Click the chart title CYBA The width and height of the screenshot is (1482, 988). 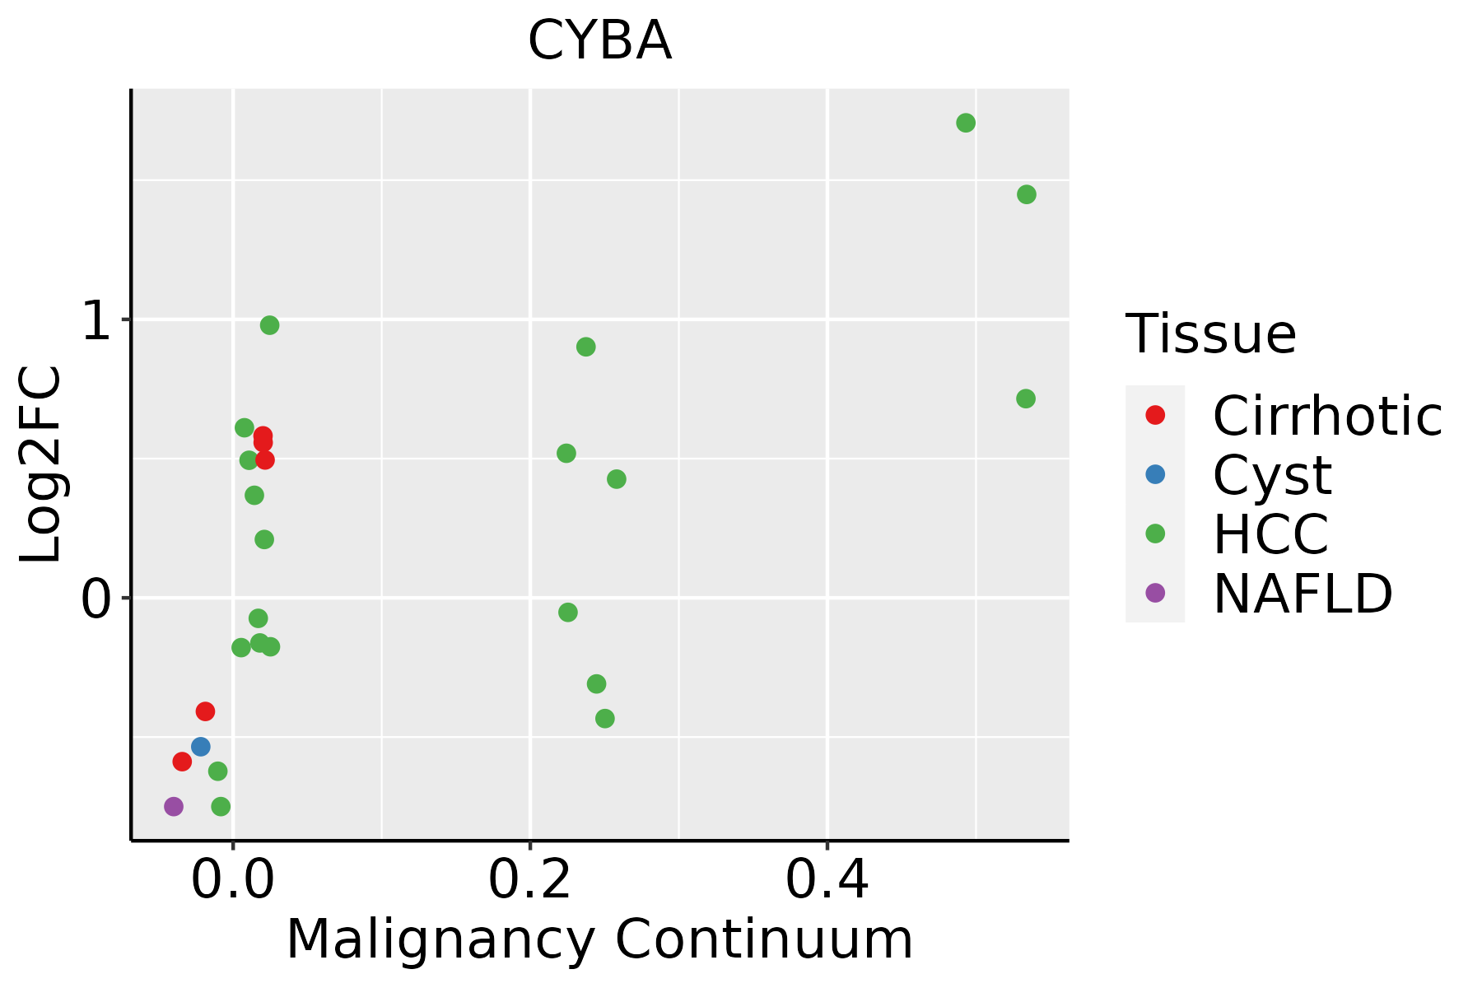[599, 41]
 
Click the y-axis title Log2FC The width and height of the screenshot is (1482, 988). [41, 464]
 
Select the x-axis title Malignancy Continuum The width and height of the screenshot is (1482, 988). [599, 940]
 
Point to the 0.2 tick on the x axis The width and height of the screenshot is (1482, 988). [530, 881]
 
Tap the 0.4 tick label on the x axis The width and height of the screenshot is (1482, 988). [827, 881]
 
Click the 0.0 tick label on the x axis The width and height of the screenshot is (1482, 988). [234, 881]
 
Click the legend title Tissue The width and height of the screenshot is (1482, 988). [1211, 334]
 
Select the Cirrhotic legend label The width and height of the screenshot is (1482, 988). [1327, 416]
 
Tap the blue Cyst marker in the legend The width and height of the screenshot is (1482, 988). [1155, 474]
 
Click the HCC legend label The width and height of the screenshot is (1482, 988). [1270, 534]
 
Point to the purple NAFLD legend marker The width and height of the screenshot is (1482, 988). [1155, 592]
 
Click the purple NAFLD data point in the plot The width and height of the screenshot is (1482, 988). [174, 806]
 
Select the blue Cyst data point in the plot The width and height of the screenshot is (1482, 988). [201, 747]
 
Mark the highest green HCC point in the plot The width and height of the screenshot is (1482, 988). [966, 123]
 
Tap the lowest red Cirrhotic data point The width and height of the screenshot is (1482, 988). [182, 762]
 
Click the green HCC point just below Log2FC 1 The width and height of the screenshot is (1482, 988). [269, 325]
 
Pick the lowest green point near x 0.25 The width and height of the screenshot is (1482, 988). [605, 719]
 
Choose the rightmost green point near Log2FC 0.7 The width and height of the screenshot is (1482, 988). [1026, 398]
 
